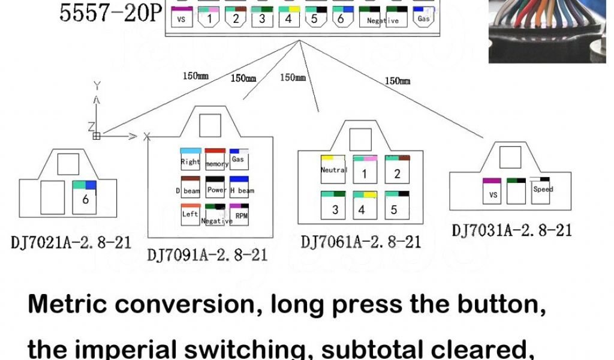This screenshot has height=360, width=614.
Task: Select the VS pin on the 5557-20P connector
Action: click(x=182, y=19)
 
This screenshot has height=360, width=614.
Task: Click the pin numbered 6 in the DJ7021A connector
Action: click(x=85, y=197)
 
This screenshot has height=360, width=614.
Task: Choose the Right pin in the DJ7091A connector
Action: click(x=190, y=159)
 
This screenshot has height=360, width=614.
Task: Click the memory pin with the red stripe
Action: click(x=216, y=160)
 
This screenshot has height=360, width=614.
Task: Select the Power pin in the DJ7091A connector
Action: click(x=216, y=188)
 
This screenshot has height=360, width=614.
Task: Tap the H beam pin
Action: click(x=240, y=188)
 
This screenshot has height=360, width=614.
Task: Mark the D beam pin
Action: click(x=190, y=188)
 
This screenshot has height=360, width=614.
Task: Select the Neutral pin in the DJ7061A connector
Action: click(x=334, y=169)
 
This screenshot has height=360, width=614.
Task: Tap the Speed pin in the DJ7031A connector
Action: click(x=543, y=190)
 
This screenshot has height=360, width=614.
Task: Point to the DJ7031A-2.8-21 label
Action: click(x=511, y=230)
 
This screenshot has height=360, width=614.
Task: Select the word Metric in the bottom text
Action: click(x=68, y=305)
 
